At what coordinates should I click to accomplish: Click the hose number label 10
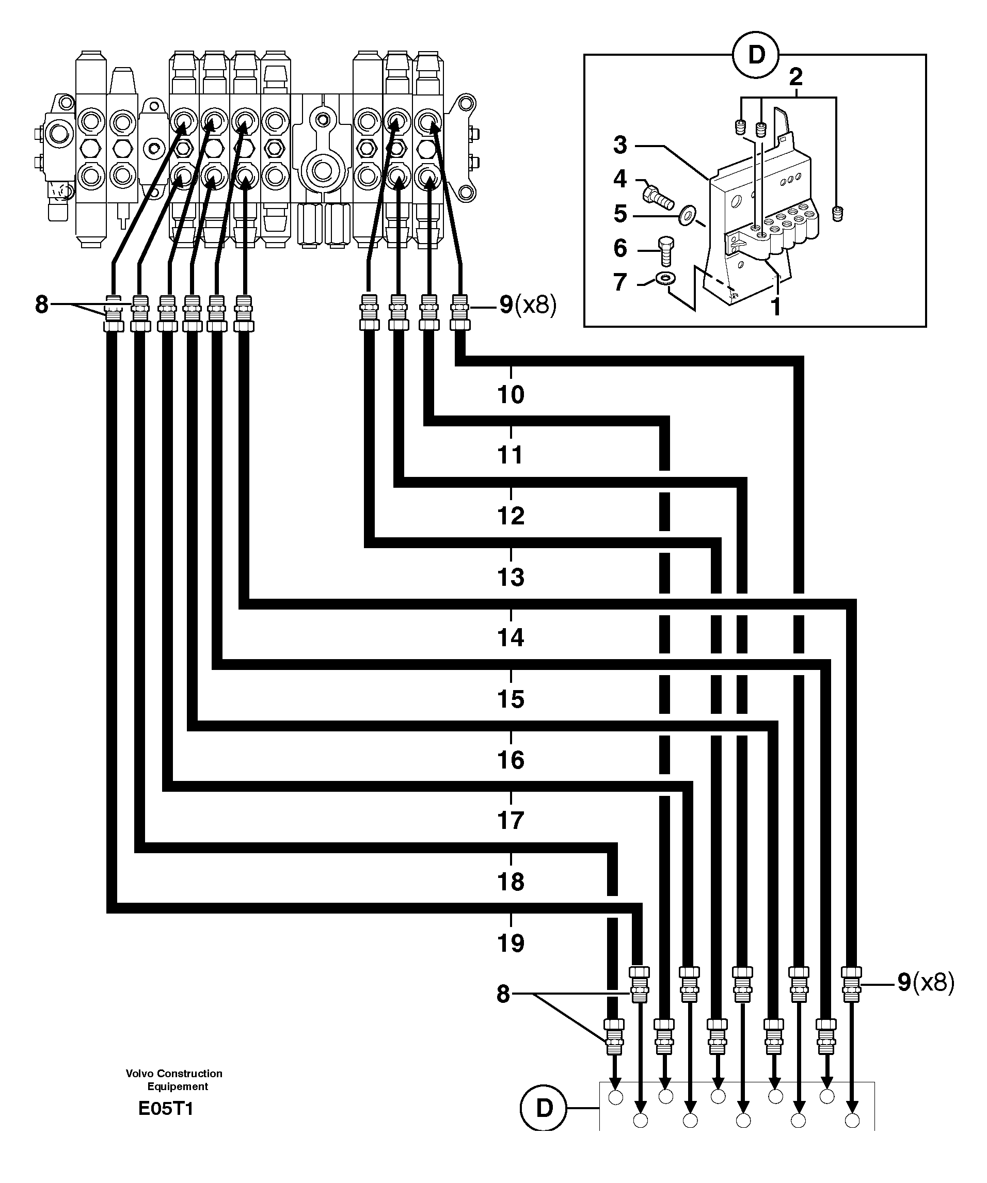(x=511, y=395)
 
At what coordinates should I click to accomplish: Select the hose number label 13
(x=511, y=578)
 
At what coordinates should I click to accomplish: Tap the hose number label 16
(x=511, y=760)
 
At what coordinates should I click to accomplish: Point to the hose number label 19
(x=511, y=942)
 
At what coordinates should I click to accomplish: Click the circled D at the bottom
(x=544, y=1108)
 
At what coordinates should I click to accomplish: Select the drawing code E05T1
(x=166, y=1109)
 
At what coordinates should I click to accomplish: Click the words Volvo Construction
(x=173, y=1074)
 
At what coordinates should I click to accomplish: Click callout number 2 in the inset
(x=795, y=76)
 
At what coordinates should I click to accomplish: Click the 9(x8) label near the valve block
(x=527, y=306)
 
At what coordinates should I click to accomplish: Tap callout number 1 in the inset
(x=775, y=308)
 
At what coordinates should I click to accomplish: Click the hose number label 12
(x=511, y=516)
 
